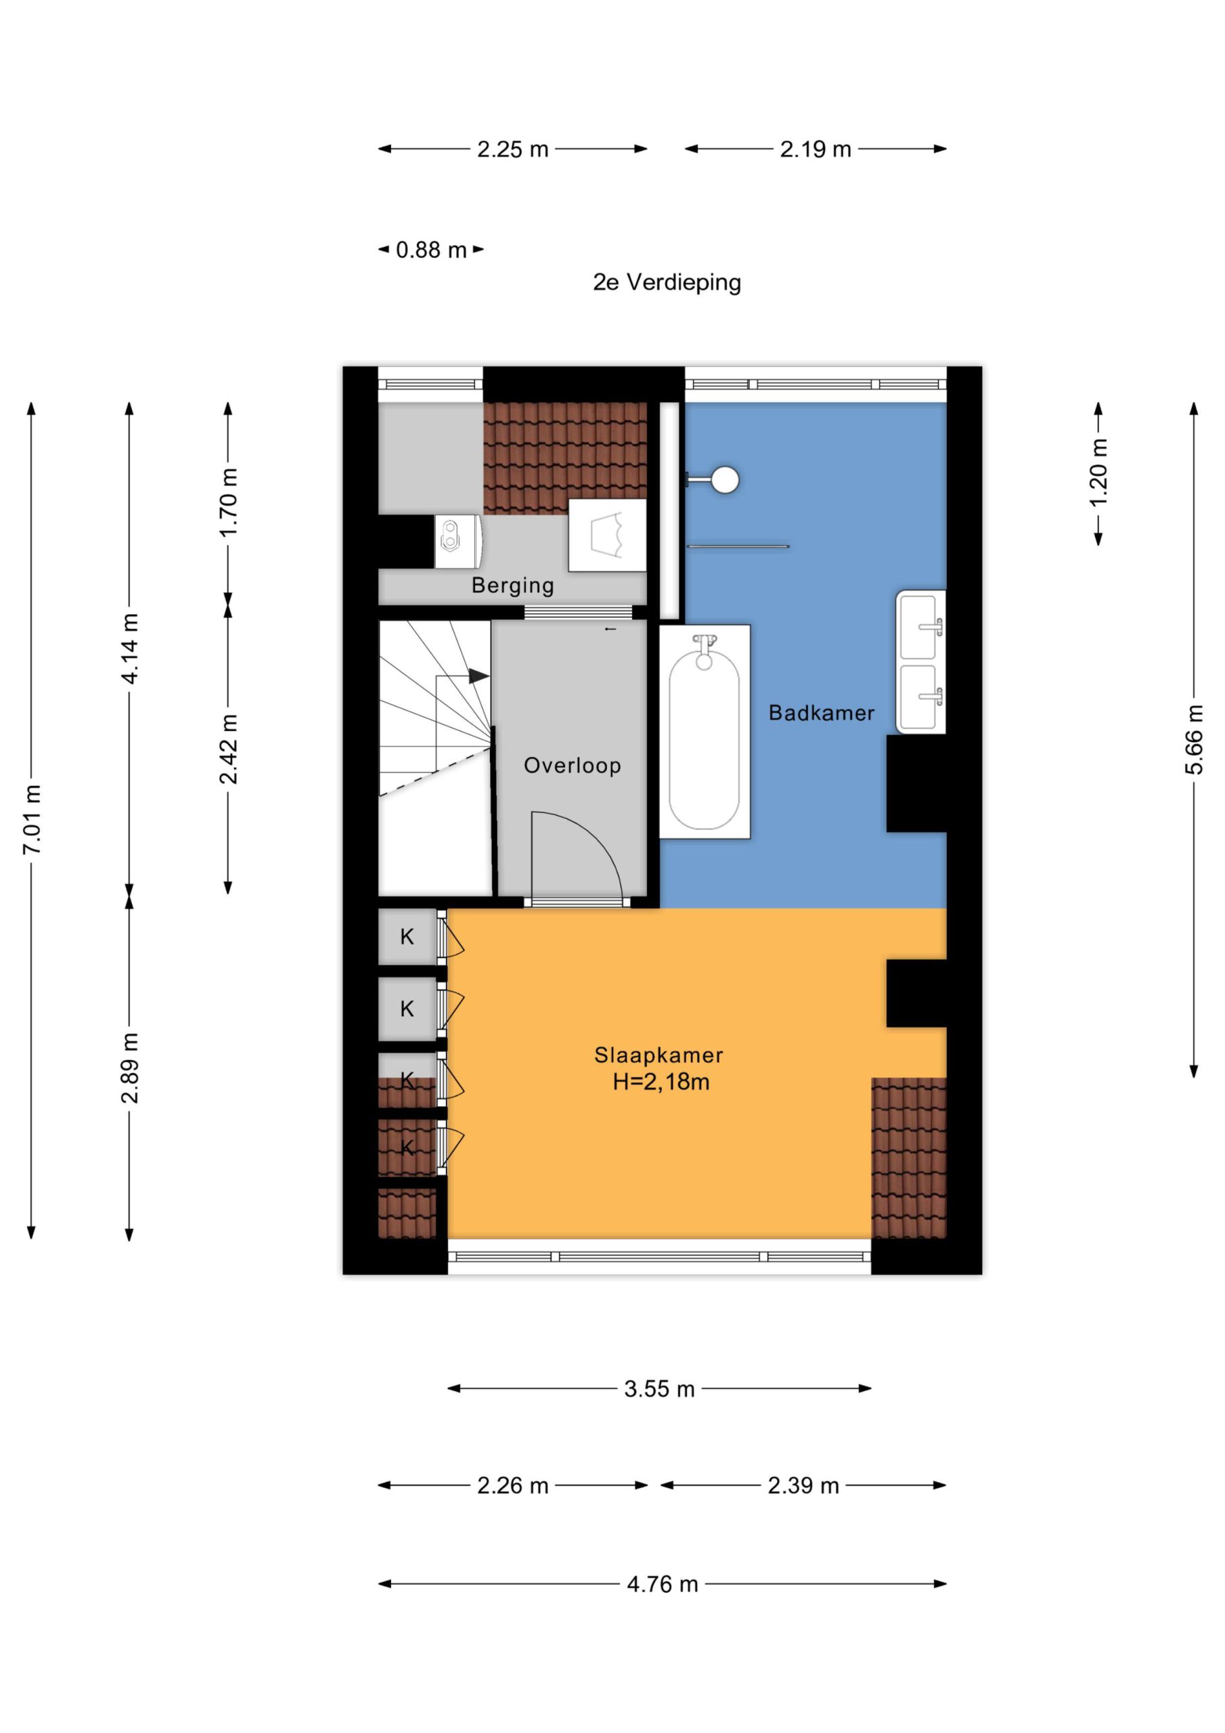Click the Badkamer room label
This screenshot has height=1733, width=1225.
point(821,713)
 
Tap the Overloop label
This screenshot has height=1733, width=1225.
point(572,766)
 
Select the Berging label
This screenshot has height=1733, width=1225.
point(512,585)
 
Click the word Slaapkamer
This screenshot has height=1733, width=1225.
point(658,1055)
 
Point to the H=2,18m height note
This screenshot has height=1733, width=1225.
point(661,1082)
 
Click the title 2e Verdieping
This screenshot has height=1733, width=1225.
point(667,282)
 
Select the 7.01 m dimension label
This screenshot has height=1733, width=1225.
point(32,820)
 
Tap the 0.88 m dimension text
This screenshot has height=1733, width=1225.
point(431,250)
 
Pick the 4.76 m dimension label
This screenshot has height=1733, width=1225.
point(662,1584)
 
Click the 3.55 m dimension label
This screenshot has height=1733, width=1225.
point(659,1389)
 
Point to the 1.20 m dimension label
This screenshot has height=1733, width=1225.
point(1099,473)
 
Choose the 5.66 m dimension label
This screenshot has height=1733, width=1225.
point(1194,740)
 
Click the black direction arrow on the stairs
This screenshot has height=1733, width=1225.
point(478,676)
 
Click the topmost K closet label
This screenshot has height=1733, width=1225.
point(407,937)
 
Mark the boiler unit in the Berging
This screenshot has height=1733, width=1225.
point(458,541)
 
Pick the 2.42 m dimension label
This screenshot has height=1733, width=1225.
point(229,749)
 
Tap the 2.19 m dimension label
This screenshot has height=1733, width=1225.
point(815,150)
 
